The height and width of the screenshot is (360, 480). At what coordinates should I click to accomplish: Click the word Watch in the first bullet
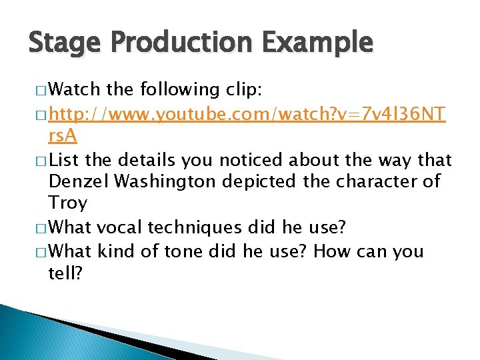click(x=74, y=89)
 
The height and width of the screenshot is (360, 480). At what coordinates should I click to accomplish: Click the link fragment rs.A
click(x=63, y=137)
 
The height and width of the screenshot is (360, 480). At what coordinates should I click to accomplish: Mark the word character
click(x=372, y=181)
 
